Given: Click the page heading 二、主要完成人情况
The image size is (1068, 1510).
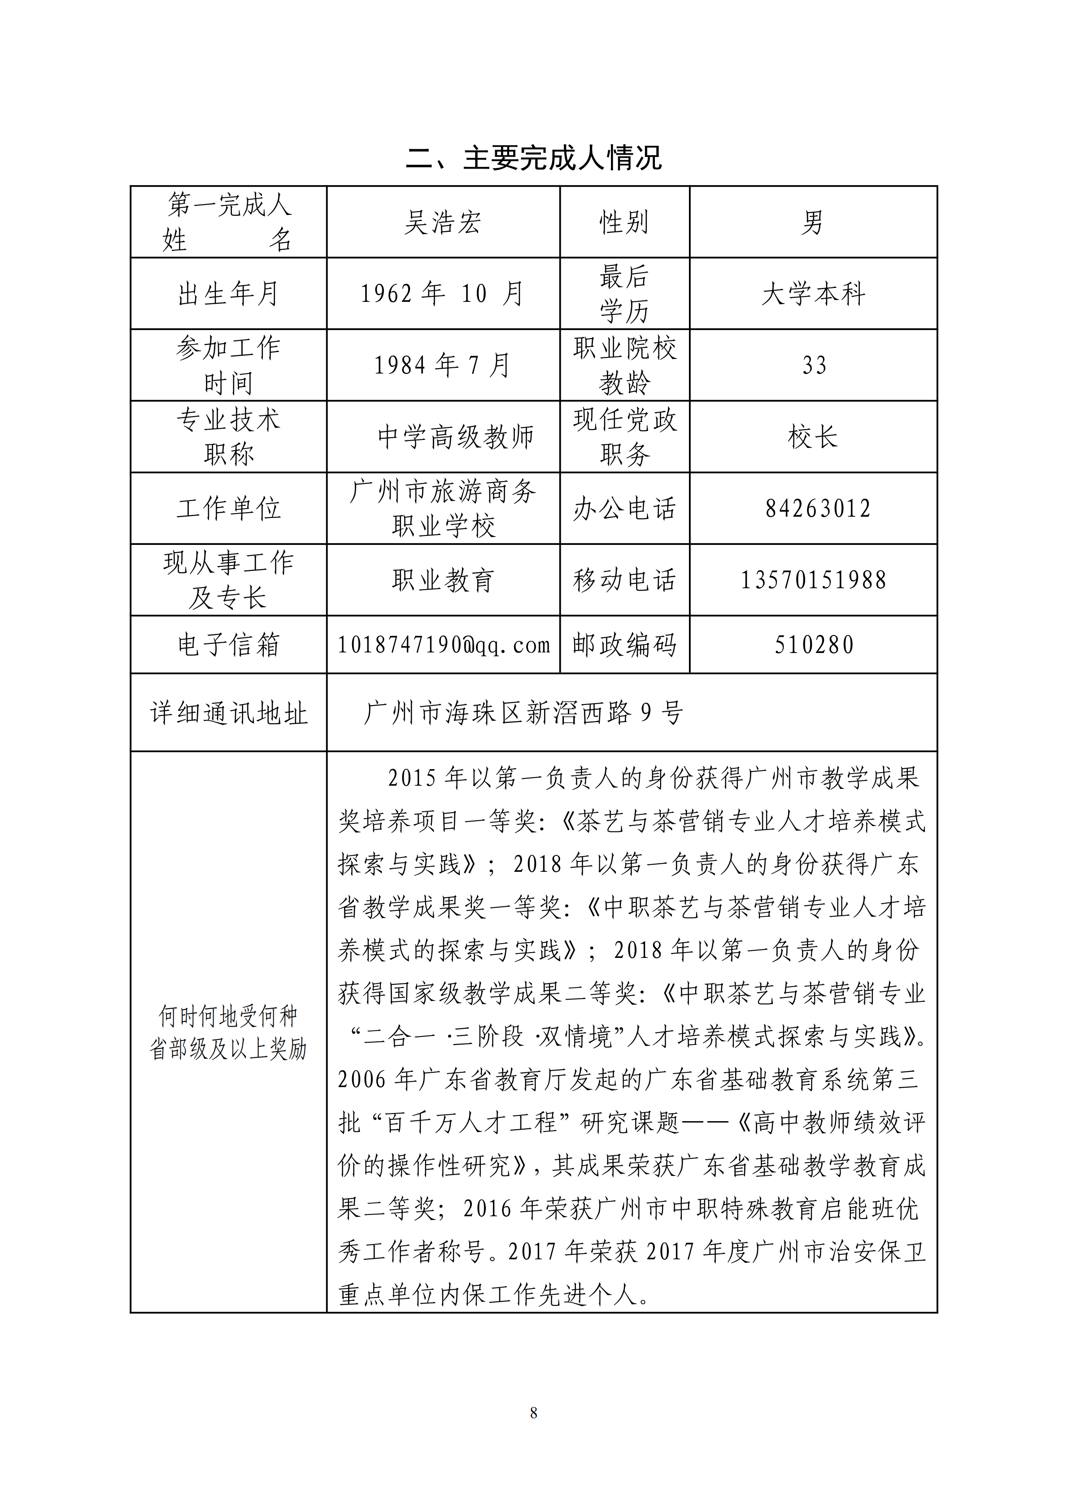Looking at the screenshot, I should coord(533,158).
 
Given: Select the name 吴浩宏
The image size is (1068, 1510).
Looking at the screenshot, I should coord(443,222).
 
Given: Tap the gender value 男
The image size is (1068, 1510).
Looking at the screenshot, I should coord(813,222).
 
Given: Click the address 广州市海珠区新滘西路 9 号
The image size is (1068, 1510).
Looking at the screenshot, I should coord(523,712).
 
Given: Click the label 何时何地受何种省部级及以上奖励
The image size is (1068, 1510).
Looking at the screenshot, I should coord(228,1032).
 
